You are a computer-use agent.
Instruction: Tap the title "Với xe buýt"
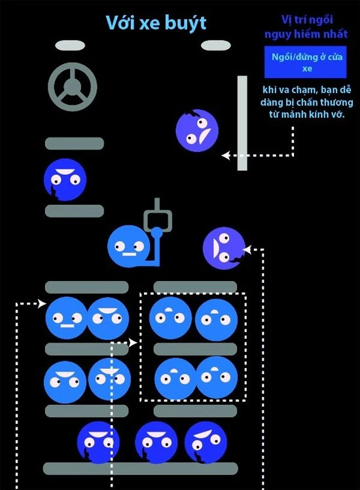pos(156,23)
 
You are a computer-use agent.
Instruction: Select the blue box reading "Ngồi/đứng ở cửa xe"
pos(306,62)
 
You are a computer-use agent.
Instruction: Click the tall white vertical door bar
pos(242,122)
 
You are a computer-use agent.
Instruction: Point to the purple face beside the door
pos(197,130)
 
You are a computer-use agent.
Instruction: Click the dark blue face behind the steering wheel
pos(65,179)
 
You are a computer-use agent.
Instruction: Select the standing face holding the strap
pos(129,246)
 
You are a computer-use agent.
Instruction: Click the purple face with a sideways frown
pos(224,248)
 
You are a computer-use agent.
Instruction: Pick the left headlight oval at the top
pos(70,45)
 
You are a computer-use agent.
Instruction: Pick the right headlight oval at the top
pos(216,45)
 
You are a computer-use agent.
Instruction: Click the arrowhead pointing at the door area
pos(225,155)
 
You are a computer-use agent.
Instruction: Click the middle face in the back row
pos(156,442)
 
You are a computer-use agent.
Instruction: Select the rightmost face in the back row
pos(206,442)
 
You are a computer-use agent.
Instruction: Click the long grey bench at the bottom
pos(140,468)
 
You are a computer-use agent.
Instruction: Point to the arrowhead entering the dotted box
pos(134,343)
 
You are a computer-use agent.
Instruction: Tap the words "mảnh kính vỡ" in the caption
pos(313,115)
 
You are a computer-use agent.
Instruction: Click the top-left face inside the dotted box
pos(170,318)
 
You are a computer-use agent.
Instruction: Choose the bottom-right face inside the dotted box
pos(216,377)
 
